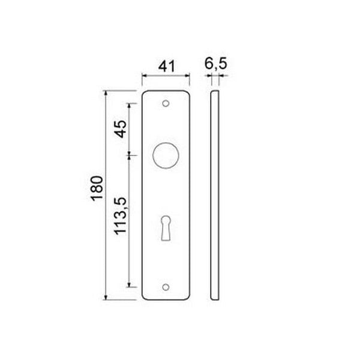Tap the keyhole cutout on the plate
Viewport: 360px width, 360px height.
(166, 228)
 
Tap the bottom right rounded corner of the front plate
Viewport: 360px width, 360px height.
(187, 297)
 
